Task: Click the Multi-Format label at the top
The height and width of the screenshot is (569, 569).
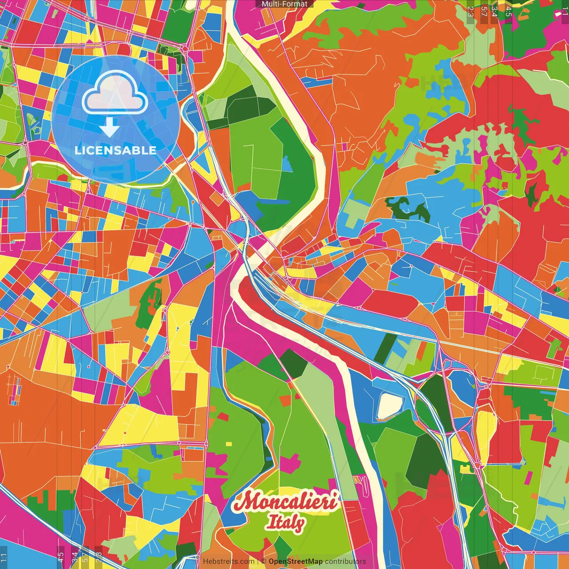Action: click(x=284, y=4)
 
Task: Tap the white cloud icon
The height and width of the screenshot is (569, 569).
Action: click(x=115, y=93)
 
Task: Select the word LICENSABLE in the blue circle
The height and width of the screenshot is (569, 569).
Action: click(x=115, y=150)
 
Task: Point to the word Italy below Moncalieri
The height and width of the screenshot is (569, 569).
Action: click(x=285, y=522)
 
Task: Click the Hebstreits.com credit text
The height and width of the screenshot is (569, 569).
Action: click(x=228, y=561)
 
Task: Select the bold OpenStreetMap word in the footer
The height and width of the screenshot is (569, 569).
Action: click(x=296, y=561)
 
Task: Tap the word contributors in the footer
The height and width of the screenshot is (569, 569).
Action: click(x=345, y=561)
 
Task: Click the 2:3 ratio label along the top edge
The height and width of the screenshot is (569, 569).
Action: click(x=470, y=11)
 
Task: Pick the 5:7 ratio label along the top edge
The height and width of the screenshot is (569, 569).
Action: click(x=484, y=11)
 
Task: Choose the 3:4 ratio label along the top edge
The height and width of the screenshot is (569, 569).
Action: click(x=494, y=11)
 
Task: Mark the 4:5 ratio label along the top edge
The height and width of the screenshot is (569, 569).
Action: click(x=509, y=11)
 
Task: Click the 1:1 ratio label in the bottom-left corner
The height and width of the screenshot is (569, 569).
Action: click(x=4, y=557)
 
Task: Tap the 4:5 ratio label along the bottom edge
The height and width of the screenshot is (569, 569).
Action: click(x=61, y=557)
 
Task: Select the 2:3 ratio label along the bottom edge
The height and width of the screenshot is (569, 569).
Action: click(x=98, y=557)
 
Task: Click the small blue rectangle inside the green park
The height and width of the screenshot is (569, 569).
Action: click(x=287, y=164)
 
